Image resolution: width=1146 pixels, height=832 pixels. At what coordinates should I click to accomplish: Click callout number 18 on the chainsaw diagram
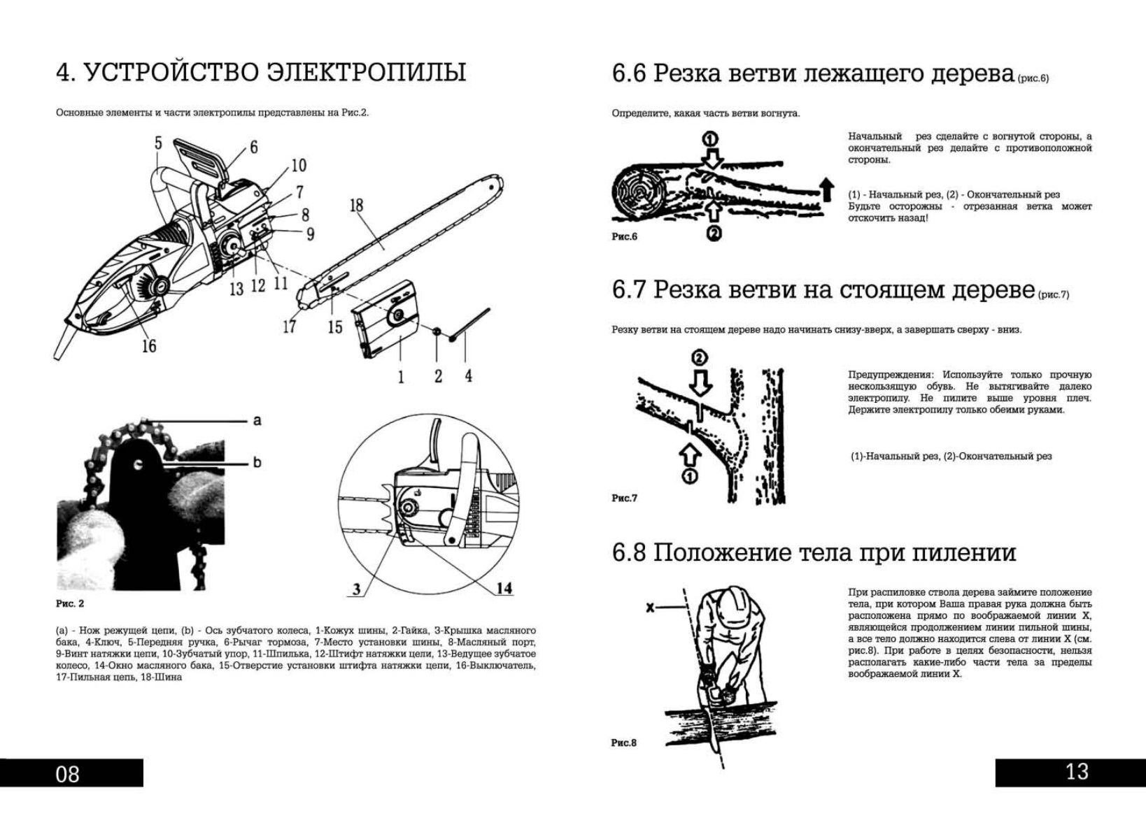coord(356,205)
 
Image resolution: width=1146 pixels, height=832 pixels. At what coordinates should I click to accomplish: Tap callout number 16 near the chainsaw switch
coord(149,345)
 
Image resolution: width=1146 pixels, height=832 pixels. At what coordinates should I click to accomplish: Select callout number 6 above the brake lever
coord(253,147)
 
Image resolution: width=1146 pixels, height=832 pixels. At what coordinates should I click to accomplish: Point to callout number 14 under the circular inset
coord(504,588)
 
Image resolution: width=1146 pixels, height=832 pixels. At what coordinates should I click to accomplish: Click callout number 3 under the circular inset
coord(357,589)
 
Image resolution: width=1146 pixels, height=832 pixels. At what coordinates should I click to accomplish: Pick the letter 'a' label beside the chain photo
coord(257,420)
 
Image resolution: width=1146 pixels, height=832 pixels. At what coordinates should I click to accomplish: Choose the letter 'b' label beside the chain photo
coord(257,462)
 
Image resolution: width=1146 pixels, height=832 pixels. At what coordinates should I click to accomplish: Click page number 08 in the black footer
coord(68,774)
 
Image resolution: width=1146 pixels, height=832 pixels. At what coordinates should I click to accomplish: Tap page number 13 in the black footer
coord(1077,772)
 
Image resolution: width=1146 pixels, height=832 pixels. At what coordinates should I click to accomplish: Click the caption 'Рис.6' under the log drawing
coord(624,236)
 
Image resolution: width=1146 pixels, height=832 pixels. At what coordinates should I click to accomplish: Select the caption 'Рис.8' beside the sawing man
coord(623,743)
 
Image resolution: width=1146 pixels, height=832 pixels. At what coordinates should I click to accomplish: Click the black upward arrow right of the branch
coord(827,188)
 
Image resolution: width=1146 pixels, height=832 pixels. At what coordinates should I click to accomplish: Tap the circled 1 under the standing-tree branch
coord(689,477)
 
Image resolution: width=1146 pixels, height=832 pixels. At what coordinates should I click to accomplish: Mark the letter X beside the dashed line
coord(651,608)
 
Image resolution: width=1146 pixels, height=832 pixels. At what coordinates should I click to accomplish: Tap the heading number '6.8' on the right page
coord(629,553)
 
